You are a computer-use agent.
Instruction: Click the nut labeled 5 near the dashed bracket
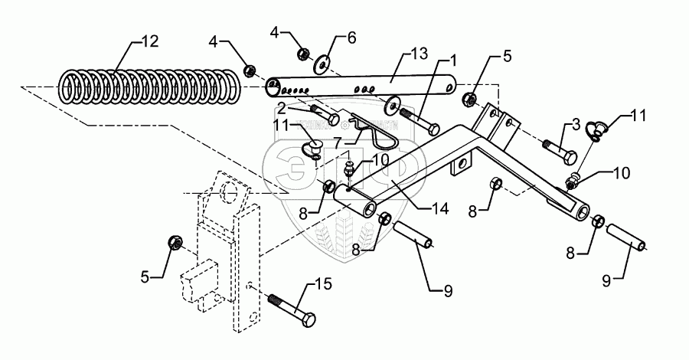174,243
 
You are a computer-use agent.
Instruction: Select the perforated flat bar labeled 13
360,85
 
